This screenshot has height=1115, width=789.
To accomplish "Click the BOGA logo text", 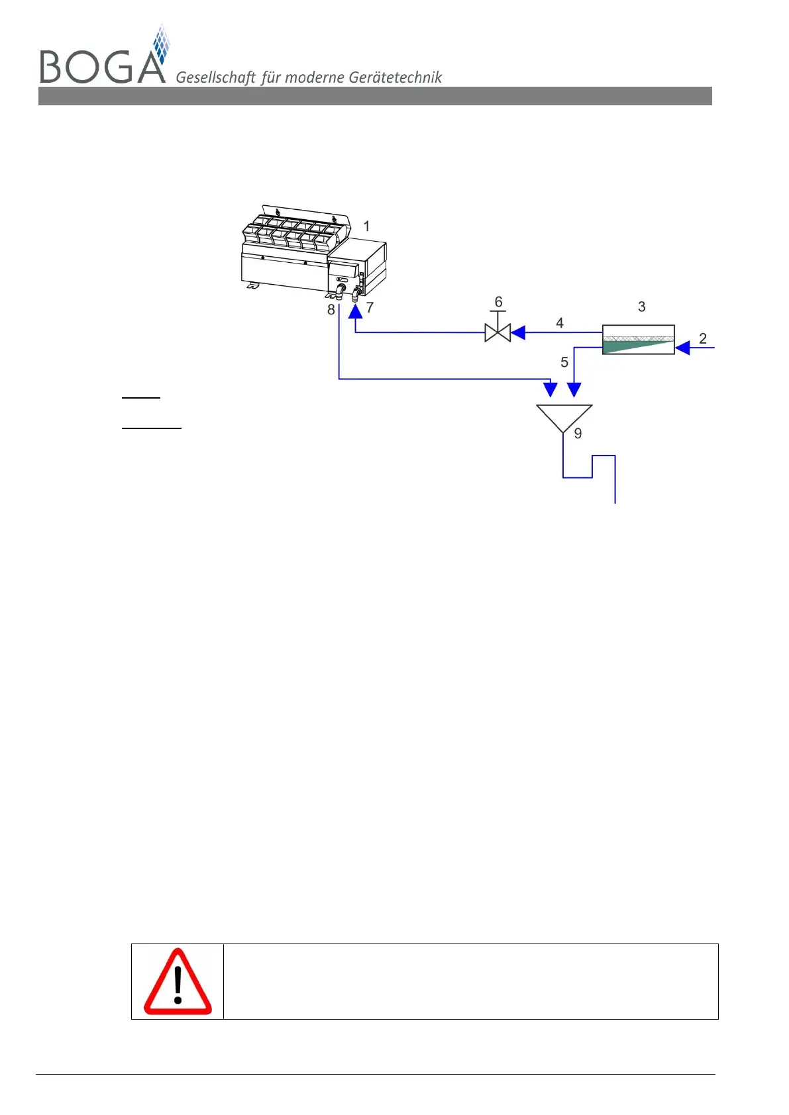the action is [103, 66].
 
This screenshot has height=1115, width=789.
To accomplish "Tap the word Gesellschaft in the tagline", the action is [215, 77].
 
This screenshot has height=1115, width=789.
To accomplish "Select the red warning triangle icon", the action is [178, 982].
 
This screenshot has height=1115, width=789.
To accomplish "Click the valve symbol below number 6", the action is [498, 332].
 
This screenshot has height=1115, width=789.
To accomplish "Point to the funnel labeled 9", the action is [564, 417].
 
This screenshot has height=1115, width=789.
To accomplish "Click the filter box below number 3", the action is [638, 340].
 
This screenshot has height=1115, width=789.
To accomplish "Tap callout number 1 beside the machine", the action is [366, 226].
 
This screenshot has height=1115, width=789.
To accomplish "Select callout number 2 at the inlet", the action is [703, 338].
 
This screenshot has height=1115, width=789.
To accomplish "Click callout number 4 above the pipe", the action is [560, 322].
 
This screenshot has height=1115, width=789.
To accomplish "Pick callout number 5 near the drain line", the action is [564, 362].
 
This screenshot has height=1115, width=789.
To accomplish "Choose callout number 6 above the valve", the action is [499, 302].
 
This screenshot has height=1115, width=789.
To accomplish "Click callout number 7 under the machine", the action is [370, 307].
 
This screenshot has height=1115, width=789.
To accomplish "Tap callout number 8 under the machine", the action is [331, 309].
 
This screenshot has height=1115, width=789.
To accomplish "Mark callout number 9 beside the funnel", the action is [578, 434].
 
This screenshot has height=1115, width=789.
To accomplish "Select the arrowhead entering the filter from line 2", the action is [682, 345].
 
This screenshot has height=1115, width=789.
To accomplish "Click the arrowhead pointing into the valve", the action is [518, 332].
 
